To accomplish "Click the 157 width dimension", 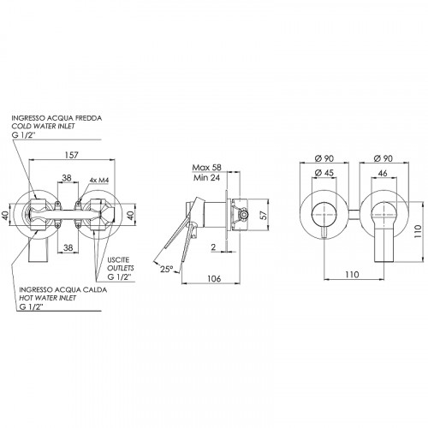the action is tap(71, 155).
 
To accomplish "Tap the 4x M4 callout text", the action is tap(99, 180).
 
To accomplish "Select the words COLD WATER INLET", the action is tap(43, 126).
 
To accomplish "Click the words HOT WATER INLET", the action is tap(48, 298).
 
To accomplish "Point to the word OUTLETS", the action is tap(121, 268).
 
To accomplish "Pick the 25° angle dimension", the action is tap(166, 269).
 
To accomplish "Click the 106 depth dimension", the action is tap(214, 278).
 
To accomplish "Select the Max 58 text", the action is tap(207, 168).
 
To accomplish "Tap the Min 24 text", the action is tap(207, 178).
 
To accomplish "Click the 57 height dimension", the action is tap(264, 215).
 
